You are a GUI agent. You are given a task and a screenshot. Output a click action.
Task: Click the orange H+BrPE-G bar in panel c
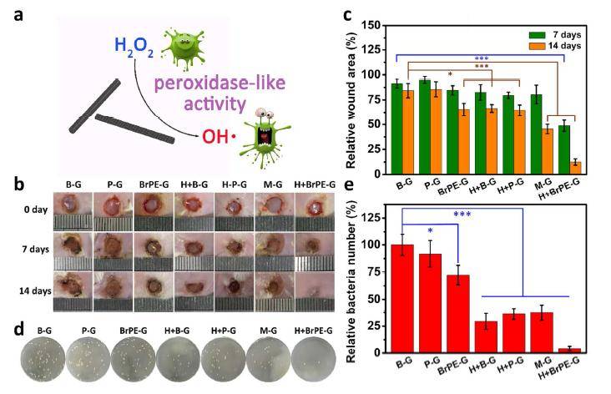pyautogui.click(x=574, y=164)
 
